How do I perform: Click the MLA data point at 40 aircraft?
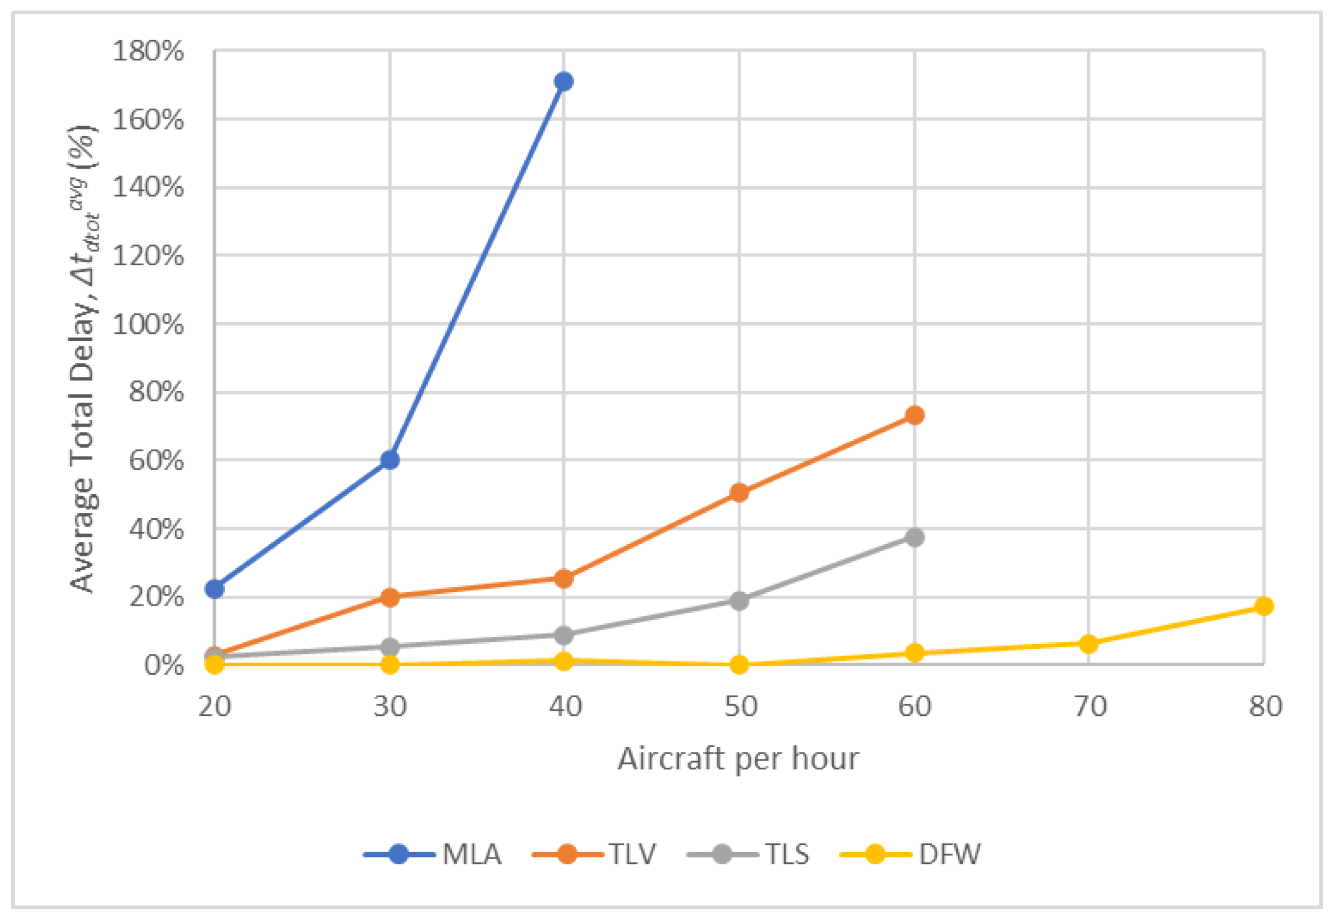563,81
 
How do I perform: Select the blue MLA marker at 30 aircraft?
390,460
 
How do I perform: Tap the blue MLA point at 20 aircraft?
215,588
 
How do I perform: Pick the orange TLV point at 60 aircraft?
914,416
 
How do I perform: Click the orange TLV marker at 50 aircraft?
739,492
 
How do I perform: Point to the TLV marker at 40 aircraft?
563,579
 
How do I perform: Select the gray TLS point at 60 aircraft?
914,537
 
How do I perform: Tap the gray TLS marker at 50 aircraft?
739,600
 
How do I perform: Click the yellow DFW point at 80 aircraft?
1264,606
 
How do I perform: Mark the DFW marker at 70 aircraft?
1088,644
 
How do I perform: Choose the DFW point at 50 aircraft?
739,664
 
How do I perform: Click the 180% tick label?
148,52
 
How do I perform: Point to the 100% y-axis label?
148,325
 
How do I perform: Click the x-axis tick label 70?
1090,706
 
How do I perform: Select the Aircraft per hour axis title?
738,758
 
